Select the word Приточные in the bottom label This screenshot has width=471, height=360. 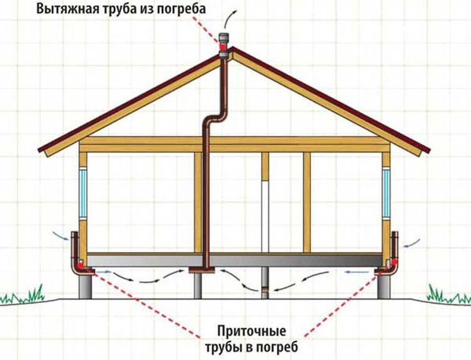pyautogui.click(x=251, y=332)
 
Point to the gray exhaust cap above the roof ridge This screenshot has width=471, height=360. pyautogui.click(x=223, y=45)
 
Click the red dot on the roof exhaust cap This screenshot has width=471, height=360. pyautogui.click(x=223, y=47)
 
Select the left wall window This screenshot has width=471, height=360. pyautogui.click(x=83, y=193)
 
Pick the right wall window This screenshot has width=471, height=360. pyautogui.click(x=386, y=193)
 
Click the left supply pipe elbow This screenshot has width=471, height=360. pyautogui.click(x=79, y=267)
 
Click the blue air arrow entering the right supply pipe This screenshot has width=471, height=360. pyautogui.click(x=412, y=243)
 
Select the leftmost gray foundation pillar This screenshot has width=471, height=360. pyautogui.click(x=85, y=286)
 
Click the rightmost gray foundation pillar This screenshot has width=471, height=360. pyautogui.click(x=384, y=286)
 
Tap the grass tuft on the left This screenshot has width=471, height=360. pyautogui.click(x=24, y=295)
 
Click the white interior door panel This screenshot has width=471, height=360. pyautogui.click(x=265, y=217)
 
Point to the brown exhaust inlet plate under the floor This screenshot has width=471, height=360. pyautogui.click(x=202, y=270)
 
